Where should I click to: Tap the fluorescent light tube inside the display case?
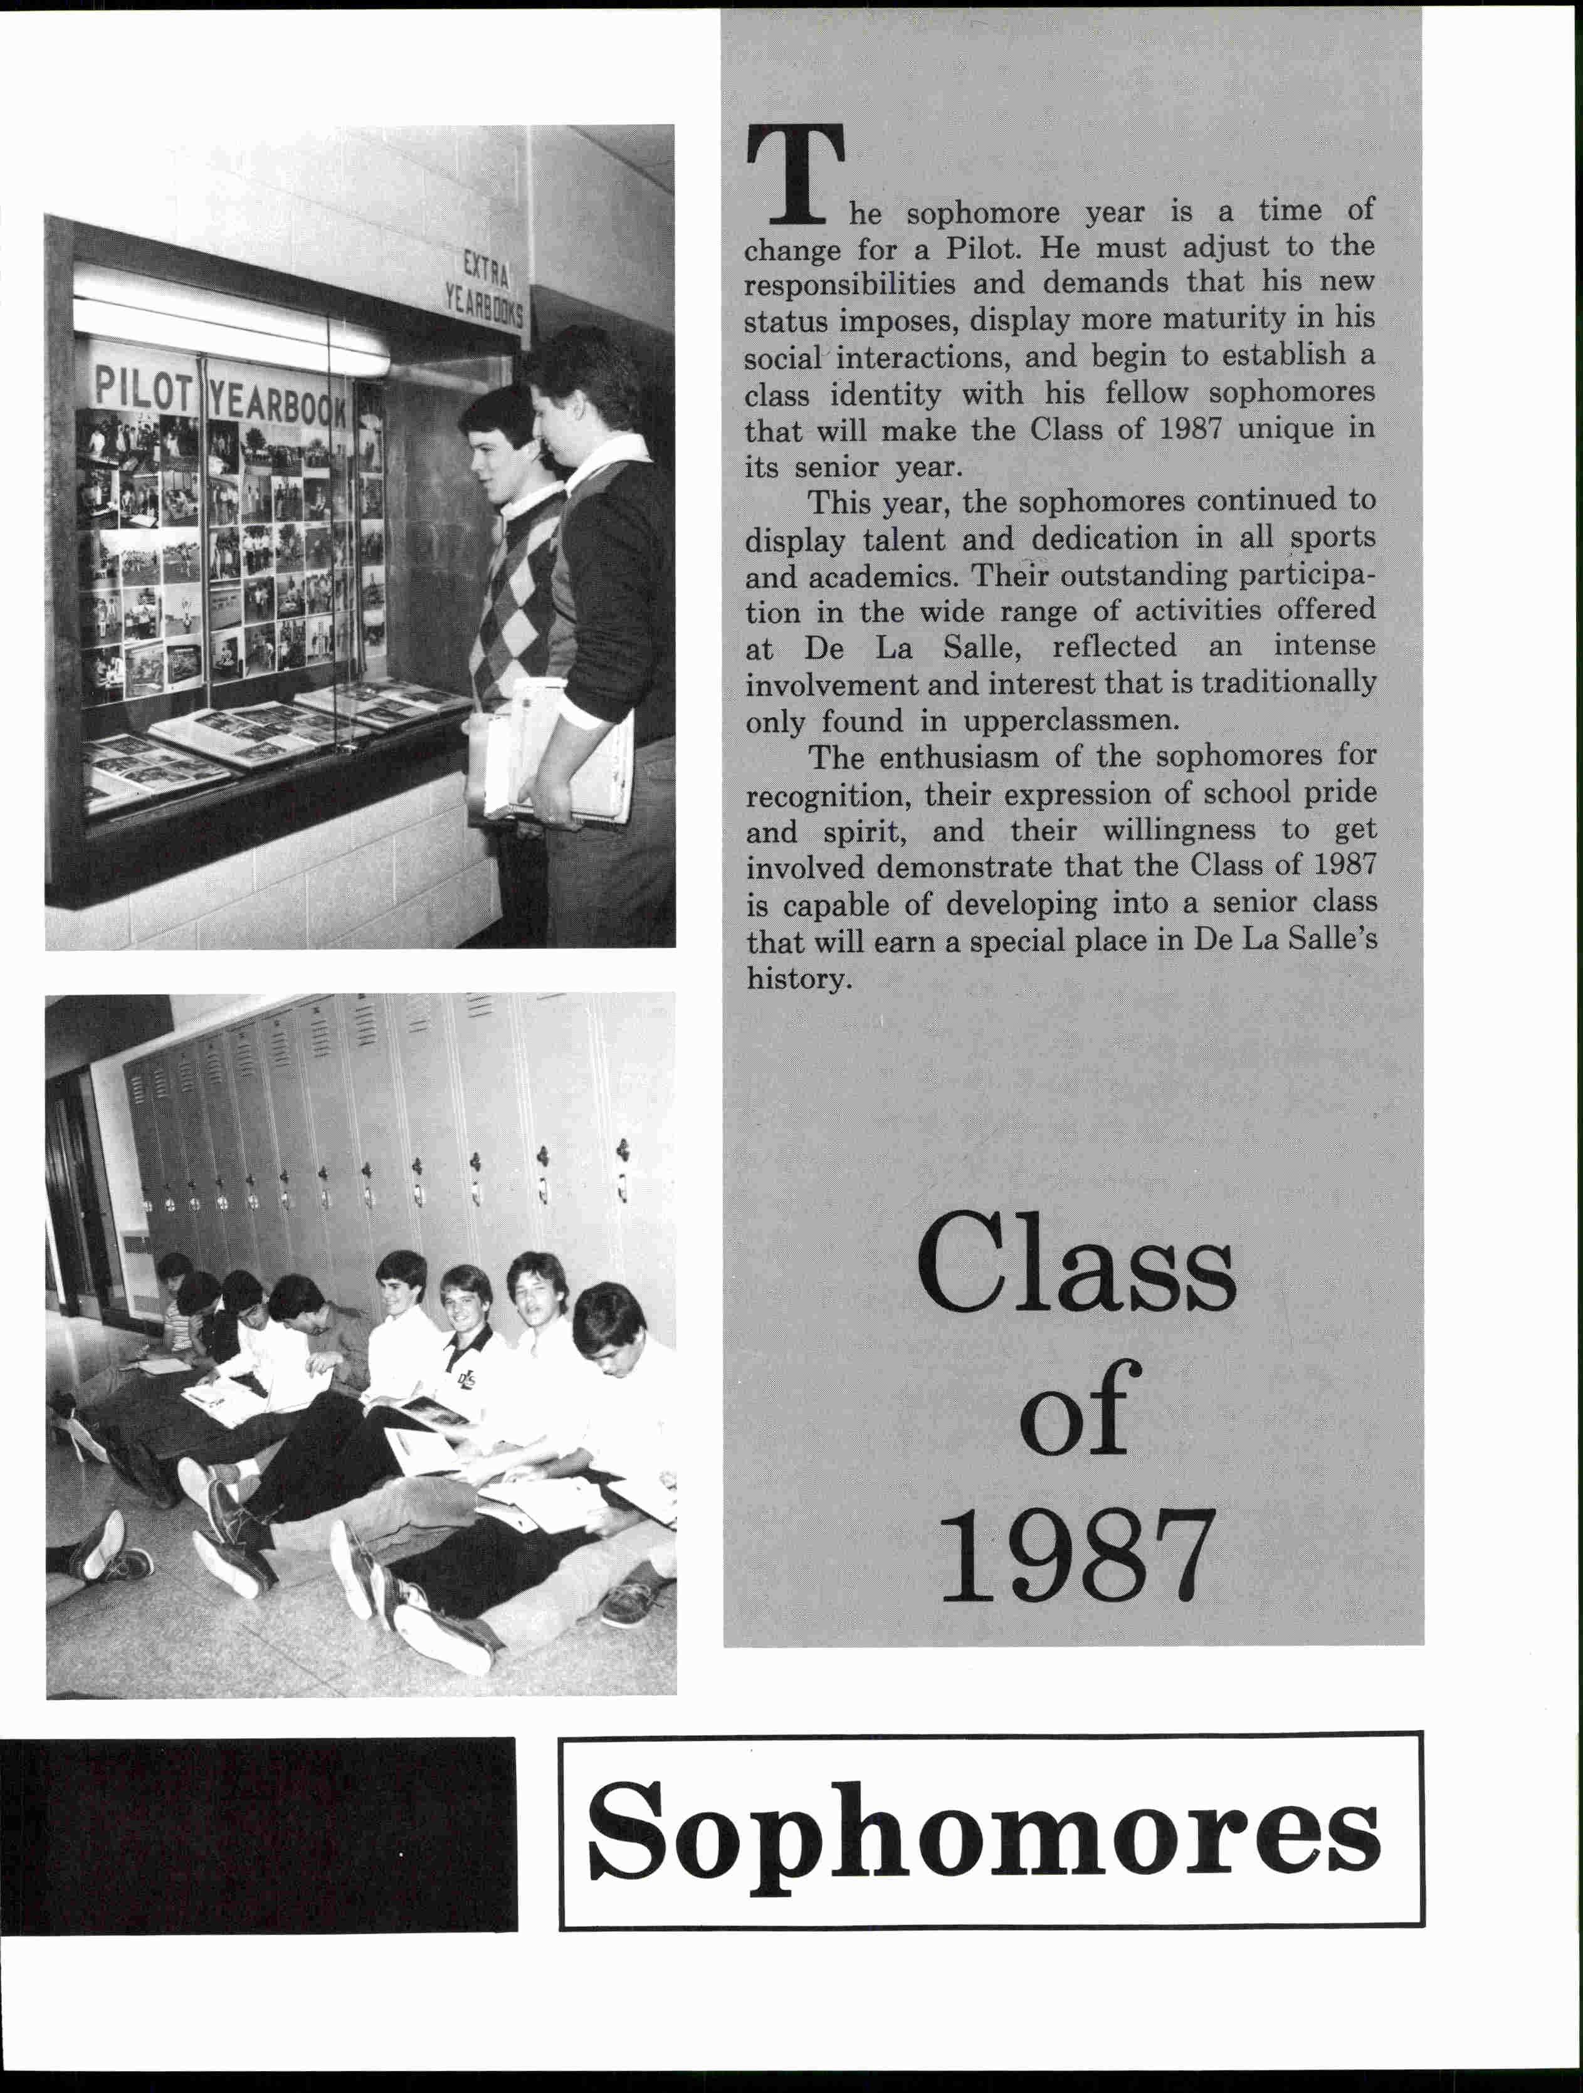pos(232,322)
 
